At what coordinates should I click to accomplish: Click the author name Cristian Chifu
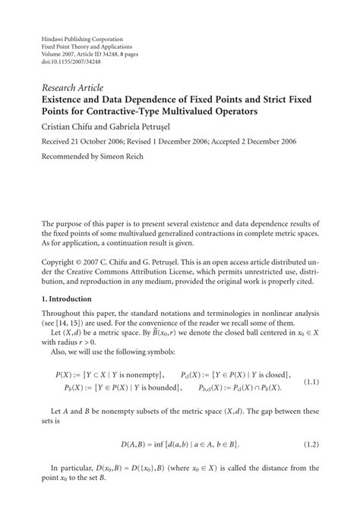68,126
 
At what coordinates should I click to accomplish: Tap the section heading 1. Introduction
71,298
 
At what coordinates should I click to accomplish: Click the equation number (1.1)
311,381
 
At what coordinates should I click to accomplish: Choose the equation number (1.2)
311,442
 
